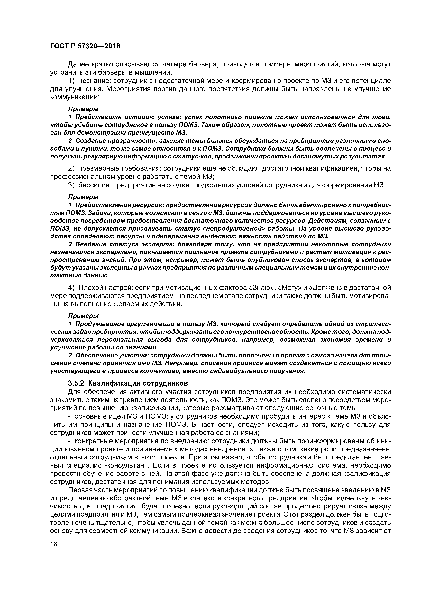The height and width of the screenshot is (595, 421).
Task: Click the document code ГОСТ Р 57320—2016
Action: [85, 46]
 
